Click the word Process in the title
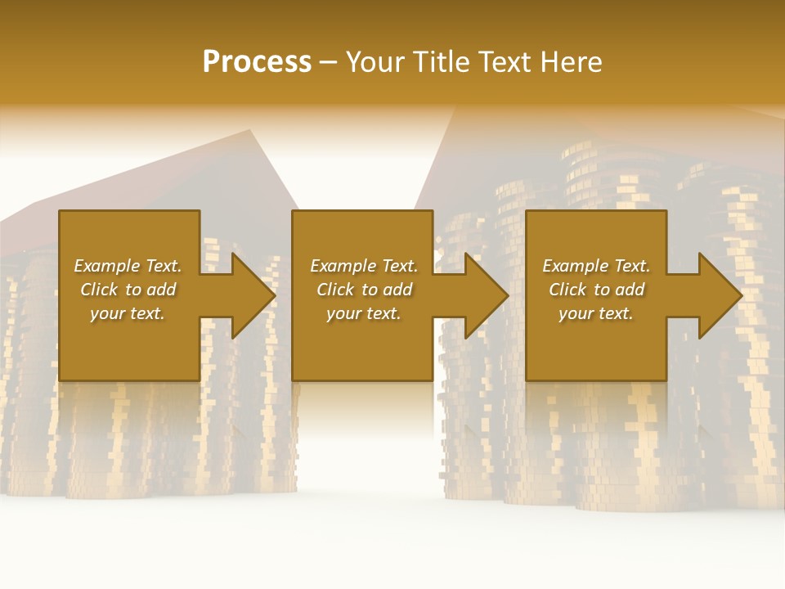tap(257, 62)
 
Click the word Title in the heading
tap(440, 62)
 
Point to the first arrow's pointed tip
tap(275, 295)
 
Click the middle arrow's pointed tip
tap(508, 295)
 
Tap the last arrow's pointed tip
tap(742, 295)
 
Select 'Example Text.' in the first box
tap(128, 266)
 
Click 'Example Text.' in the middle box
tap(364, 266)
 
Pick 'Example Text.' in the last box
tap(596, 266)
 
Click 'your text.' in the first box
tap(128, 313)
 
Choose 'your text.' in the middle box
tap(364, 313)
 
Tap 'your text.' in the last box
tap(596, 313)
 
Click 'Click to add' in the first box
tap(128, 290)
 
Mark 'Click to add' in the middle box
tap(364, 290)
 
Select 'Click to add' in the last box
tap(596, 290)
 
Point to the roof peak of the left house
tap(250, 131)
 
